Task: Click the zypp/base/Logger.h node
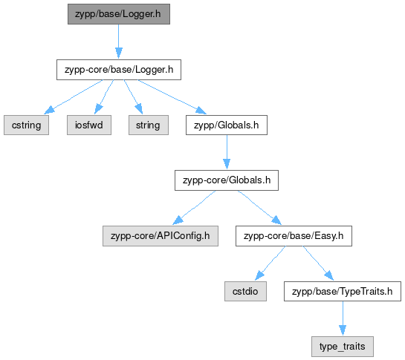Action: tap(119, 14)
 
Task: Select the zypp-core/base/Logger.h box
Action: tap(119, 70)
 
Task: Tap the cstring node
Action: tap(26, 125)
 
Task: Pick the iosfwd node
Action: tap(89, 125)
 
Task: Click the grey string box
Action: tap(149, 125)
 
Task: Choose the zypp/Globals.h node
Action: tap(227, 125)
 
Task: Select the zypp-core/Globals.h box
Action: tap(227, 180)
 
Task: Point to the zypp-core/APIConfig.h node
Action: tap(161, 236)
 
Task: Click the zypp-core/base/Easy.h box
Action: tap(294, 236)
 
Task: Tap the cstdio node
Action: tap(245, 292)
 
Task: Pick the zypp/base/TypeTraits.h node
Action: tap(343, 292)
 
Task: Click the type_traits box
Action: tap(343, 347)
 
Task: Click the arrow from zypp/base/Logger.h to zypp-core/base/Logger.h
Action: tap(119, 42)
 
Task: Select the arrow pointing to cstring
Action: tap(74, 96)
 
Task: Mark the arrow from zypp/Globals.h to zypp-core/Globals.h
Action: tap(227, 152)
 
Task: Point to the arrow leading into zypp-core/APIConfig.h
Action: tap(194, 208)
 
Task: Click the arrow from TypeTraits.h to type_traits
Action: tap(343, 318)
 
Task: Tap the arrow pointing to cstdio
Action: tap(270, 264)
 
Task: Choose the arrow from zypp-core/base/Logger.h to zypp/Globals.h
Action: tap(172, 96)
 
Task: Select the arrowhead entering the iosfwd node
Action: tap(98, 109)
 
